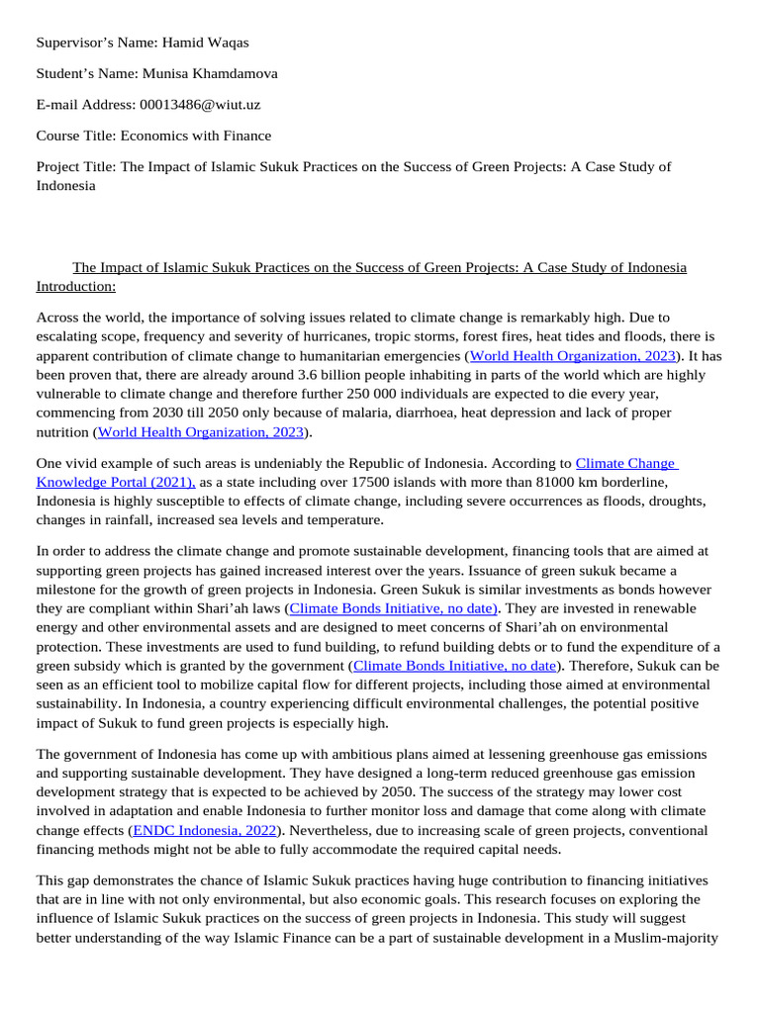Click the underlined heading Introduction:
coord(76,286)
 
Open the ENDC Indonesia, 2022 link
coord(205,829)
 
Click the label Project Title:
coord(76,166)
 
